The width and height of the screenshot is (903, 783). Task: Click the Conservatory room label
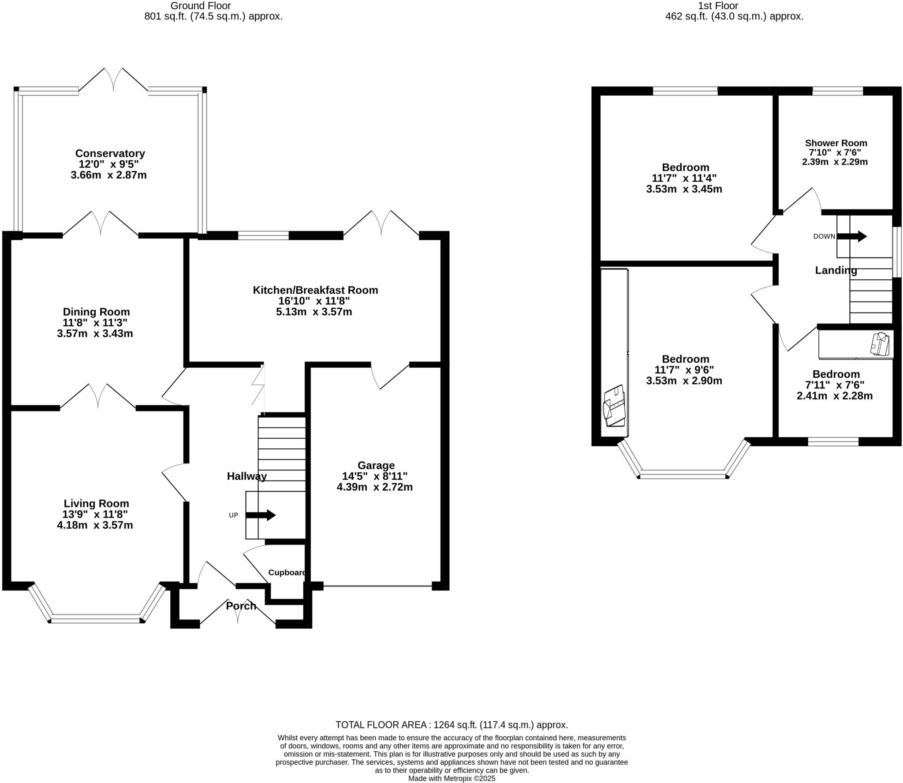tap(110, 153)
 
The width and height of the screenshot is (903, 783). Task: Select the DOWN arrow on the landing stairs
tap(851, 236)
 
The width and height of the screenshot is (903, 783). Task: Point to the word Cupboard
tap(287, 573)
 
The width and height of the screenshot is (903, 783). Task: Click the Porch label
tap(241, 606)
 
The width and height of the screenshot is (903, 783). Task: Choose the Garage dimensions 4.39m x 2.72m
tap(374, 487)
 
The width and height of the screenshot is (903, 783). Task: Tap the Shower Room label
tap(836, 143)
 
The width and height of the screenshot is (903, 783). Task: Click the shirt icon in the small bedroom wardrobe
tap(880, 344)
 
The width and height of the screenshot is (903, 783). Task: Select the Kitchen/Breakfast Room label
tap(315, 290)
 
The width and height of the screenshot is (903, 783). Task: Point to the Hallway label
tap(246, 476)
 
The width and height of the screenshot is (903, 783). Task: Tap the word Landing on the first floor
tap(836, 271)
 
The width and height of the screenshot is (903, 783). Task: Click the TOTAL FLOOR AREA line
tap(451, 725)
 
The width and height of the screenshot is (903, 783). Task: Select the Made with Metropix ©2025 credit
tap(451, 779)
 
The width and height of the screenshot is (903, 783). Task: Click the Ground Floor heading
tap(201, 6)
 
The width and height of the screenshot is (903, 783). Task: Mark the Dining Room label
tap(96, 312)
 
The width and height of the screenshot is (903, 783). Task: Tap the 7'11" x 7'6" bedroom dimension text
tap(835, 385)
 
